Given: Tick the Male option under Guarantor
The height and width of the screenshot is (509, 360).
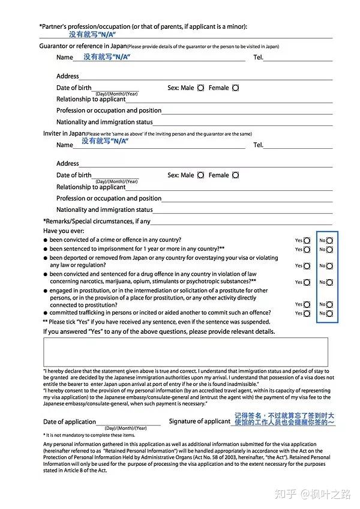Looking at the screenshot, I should pyautogui.click(x=200, y=88).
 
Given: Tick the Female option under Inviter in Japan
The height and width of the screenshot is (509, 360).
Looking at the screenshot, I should pyautogui.click(x=235, y=175).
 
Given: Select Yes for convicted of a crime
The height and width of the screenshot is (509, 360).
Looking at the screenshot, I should pyautogui.click(x=307, y=240).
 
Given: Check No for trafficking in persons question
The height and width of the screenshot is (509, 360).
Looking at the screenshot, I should pyautogui.click(x=329, y=313).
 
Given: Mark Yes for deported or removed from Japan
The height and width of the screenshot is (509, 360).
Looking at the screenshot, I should pyautogui.click(x=307, y=266).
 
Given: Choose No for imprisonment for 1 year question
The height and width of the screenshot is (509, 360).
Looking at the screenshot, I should pyautogui.click(x=329, y=249).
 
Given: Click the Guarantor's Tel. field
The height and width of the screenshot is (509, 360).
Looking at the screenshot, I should pyautogui.click(x=298, y=58).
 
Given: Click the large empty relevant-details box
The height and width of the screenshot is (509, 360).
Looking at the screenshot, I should pyautogui.click(x=185, y=352).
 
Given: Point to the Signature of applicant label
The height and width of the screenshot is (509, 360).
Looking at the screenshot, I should pyautogui.click(x=199, y=421).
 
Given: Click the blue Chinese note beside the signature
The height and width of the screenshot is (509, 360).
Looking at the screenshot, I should pyautogui.click(x=284, y=419).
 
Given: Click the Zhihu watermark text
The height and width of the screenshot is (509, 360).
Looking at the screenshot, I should pyautogui.click(x=311, y=493).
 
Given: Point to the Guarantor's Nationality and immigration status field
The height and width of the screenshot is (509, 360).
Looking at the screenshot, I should pyautogui.click(x=243, y=122).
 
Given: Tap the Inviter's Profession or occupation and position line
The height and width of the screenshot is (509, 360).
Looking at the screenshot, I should pyautogui.click(x=247, y=199).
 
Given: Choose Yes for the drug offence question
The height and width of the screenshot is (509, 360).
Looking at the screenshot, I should pyautogui.click(x=307, y=282).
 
